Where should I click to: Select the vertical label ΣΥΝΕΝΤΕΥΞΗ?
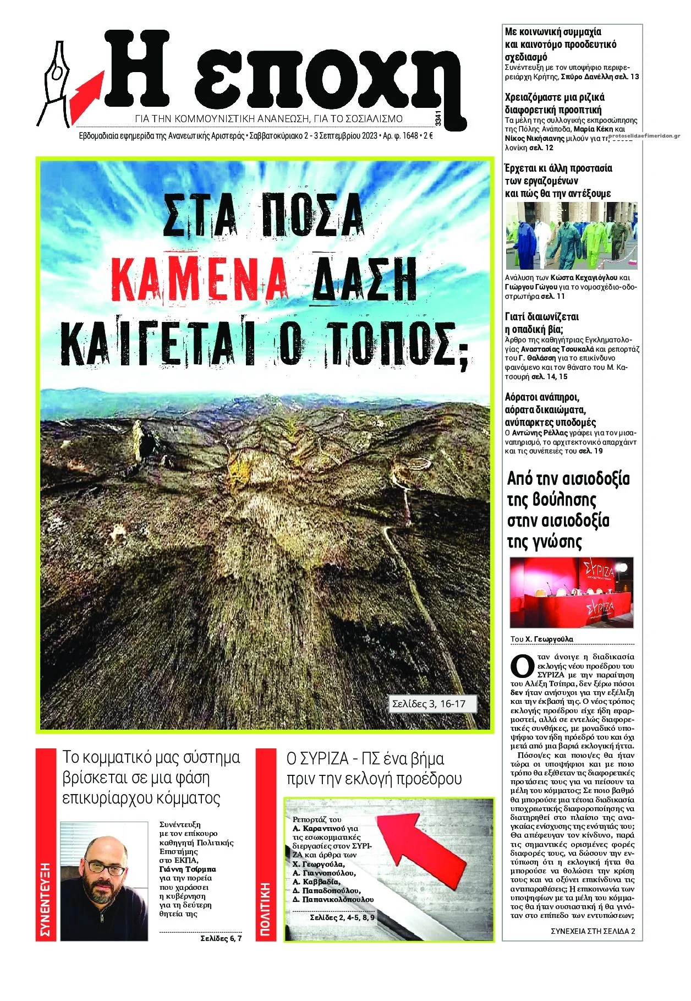pos(46,899)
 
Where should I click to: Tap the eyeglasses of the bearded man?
pos(105,868)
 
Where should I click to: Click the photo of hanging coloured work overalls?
pos(571,236)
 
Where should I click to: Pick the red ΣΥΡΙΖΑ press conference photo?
pos(571,592)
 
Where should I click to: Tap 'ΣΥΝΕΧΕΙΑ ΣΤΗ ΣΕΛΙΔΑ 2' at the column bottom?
pos(593,931)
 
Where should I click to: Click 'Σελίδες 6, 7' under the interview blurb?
pos(221,938)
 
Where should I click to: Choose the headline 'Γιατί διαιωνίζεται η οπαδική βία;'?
pos(541,323)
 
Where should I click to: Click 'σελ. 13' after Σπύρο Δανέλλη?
pos(628,76)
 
